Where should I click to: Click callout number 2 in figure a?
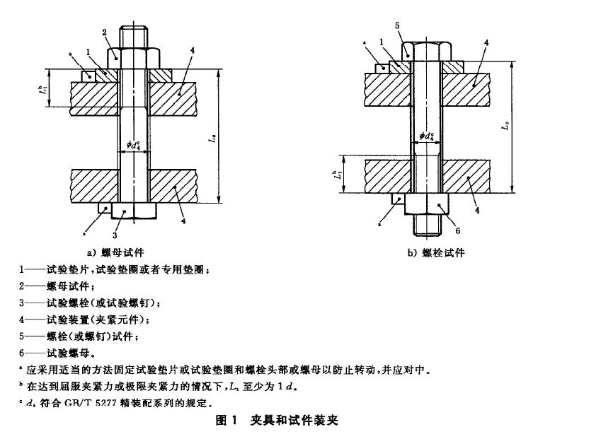(x=104, y=32)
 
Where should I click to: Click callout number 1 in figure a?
(x=88, y=52)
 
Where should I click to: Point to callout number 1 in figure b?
(x=382, y=43)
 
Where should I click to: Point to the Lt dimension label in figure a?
(x=42, y=89)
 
